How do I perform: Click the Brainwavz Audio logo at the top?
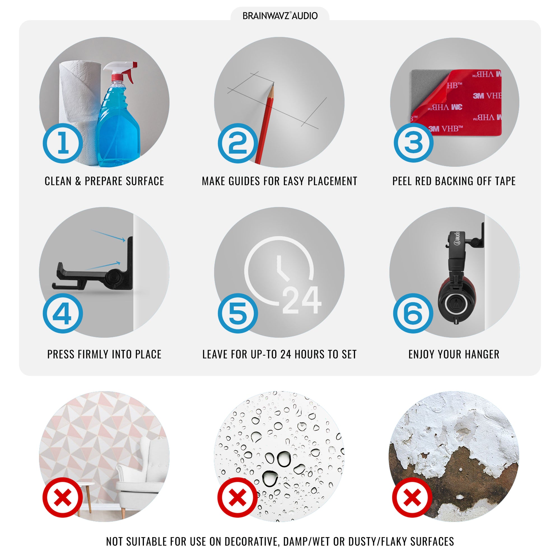point(280,16)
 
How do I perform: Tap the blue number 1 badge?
point(63,143)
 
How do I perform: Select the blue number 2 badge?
point(238,143)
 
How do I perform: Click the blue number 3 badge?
point(414,142)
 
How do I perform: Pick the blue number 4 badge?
point(63,313)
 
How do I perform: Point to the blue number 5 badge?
point(238,313)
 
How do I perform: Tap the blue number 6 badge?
point(413,313)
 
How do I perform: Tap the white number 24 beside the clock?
point(302,300)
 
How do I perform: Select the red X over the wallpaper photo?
point(63,497)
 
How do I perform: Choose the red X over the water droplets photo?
point(238,497)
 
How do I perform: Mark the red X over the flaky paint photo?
point(412,497)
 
